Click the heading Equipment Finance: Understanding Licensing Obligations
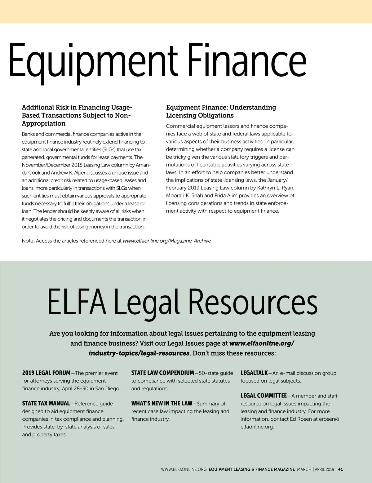point(221,111)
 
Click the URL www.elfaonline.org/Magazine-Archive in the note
point(167,241)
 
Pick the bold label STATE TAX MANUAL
point(46,403)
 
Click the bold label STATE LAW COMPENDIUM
point(162,373)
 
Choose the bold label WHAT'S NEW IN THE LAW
point(162,403)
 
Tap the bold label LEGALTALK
point(254,373)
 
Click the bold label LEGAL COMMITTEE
point(263,396)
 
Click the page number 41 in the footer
point(340,469)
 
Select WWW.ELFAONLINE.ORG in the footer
point(184,469)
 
